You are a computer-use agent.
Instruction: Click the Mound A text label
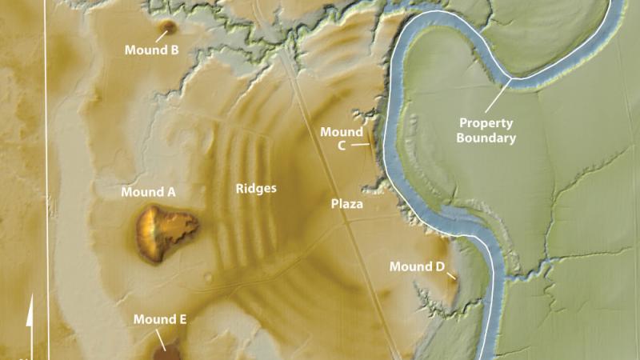(149, 192)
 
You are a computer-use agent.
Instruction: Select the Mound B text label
(151, 50)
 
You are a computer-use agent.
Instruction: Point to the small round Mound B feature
(167, 28)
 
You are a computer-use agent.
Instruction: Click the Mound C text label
(342, 138)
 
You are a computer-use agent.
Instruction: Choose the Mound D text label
(416, 266)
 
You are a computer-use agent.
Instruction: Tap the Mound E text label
(160, 320)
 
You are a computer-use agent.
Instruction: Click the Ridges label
(256, 189)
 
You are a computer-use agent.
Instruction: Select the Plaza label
(347, 204)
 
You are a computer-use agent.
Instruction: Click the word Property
(486, 124)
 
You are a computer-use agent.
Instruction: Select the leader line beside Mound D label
(451, 276)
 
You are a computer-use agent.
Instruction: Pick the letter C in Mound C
(342, 146)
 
